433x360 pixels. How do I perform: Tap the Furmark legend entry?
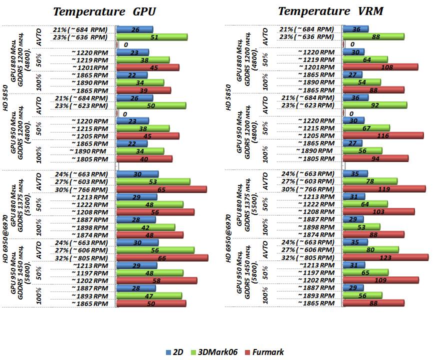263,352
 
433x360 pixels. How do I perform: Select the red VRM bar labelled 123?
385,257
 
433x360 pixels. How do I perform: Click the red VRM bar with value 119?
384,189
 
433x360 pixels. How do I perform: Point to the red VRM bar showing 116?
383,135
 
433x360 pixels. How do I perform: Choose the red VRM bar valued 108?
380,67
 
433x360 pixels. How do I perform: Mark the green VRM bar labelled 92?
374,105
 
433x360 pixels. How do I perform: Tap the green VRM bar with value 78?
370,181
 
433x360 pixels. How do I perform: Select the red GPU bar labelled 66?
161,257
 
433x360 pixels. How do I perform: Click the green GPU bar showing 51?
151,37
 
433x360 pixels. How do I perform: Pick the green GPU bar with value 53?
152,181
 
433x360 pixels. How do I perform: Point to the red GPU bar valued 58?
156,280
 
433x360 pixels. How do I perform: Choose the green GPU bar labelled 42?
145,227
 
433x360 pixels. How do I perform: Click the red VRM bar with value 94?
375,158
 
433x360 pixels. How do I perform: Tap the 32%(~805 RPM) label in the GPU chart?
80,257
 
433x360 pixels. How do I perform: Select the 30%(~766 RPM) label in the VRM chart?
307,189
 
